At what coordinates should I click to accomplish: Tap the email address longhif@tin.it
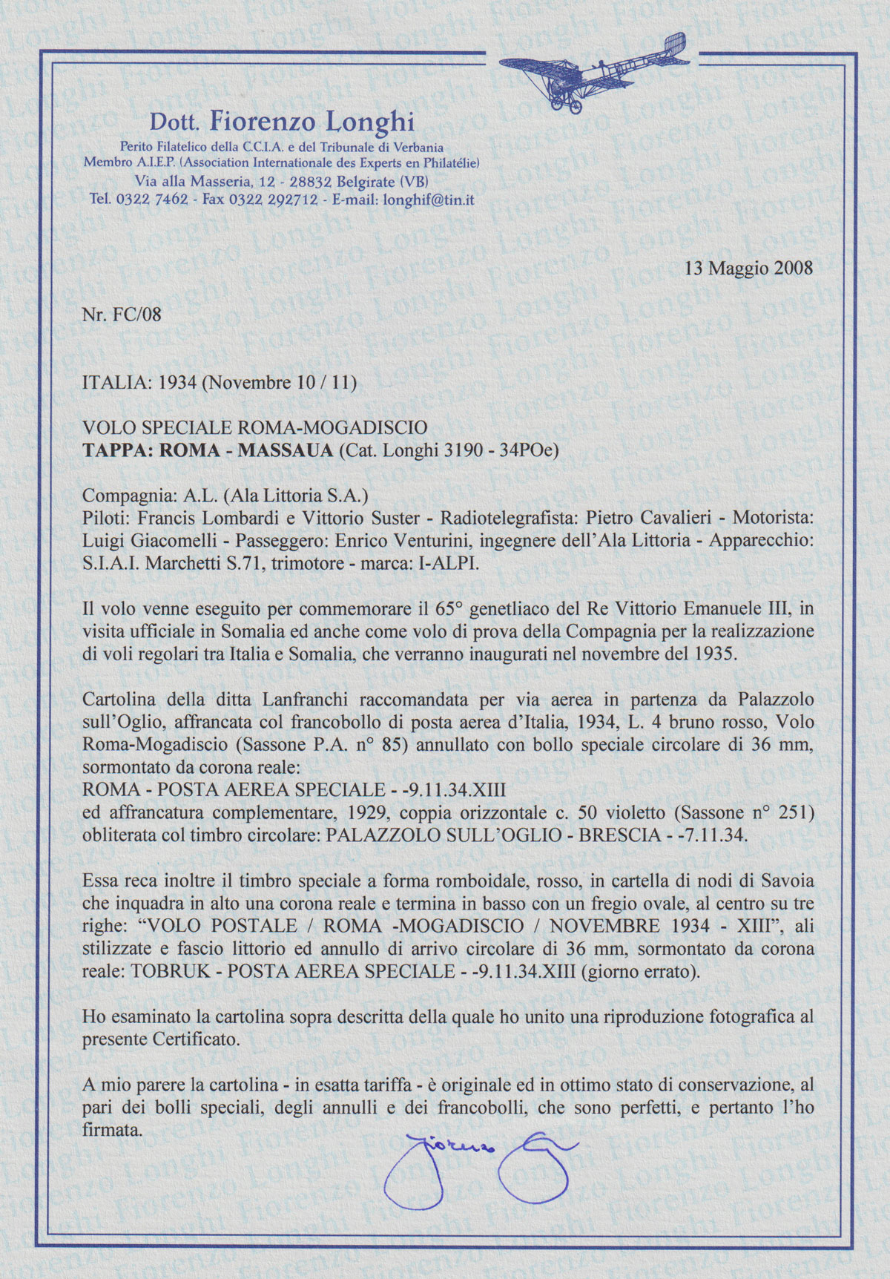[428, 200]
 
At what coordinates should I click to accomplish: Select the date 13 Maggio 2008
[749, 268]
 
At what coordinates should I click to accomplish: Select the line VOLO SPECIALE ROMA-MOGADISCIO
[254, 428]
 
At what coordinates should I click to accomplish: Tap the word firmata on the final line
[111, 1130]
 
